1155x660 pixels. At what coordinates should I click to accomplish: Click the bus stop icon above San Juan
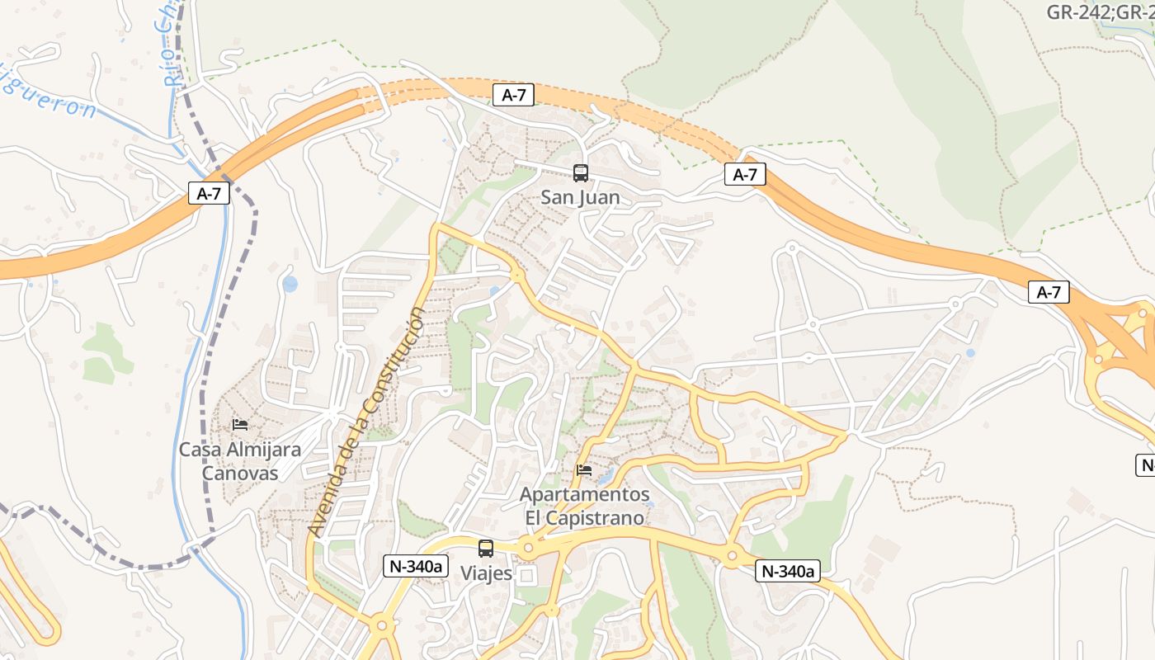point(581,173)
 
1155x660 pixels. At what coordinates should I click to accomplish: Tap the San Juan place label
point(580,198)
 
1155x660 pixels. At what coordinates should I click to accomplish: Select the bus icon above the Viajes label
point(486,549)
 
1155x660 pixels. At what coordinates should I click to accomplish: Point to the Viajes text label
point(486,573)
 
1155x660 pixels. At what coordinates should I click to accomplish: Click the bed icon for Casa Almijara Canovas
point(240,425)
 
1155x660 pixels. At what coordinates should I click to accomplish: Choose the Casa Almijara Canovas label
point(240,462)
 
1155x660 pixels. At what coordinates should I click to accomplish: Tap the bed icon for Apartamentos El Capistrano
point(584,470)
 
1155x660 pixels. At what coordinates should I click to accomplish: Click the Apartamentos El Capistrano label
point(584,507)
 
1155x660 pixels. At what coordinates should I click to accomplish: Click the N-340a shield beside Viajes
point(416,566)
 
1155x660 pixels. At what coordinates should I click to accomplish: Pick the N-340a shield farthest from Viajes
point(788,571)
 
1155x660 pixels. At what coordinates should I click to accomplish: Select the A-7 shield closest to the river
point(209,194)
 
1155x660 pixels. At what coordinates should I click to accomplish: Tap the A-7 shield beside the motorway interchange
point(1049,292)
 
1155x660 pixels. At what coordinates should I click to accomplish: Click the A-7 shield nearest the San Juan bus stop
point(513,95)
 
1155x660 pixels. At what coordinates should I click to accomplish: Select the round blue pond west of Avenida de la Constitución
point(290,284)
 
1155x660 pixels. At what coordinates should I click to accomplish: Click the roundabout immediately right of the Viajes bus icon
point(528,547)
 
